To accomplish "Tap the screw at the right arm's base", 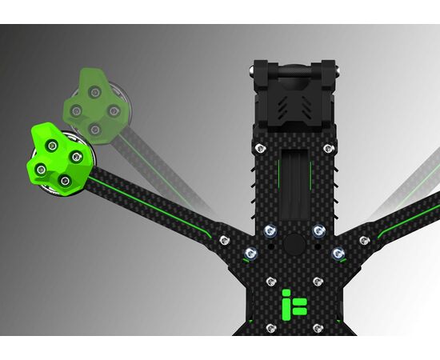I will (x=365, y=240).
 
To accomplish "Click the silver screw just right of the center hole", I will (x=319, y=231).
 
